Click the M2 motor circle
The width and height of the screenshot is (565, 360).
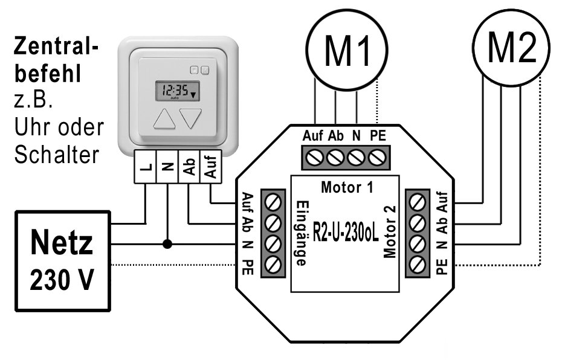point(511,48)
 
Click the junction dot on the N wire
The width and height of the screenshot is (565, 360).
point(166,244)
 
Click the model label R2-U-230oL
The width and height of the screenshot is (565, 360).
point(345,233)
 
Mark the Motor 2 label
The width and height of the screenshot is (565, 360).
point(389,233)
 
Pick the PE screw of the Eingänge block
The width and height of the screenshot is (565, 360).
point(273,265)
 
